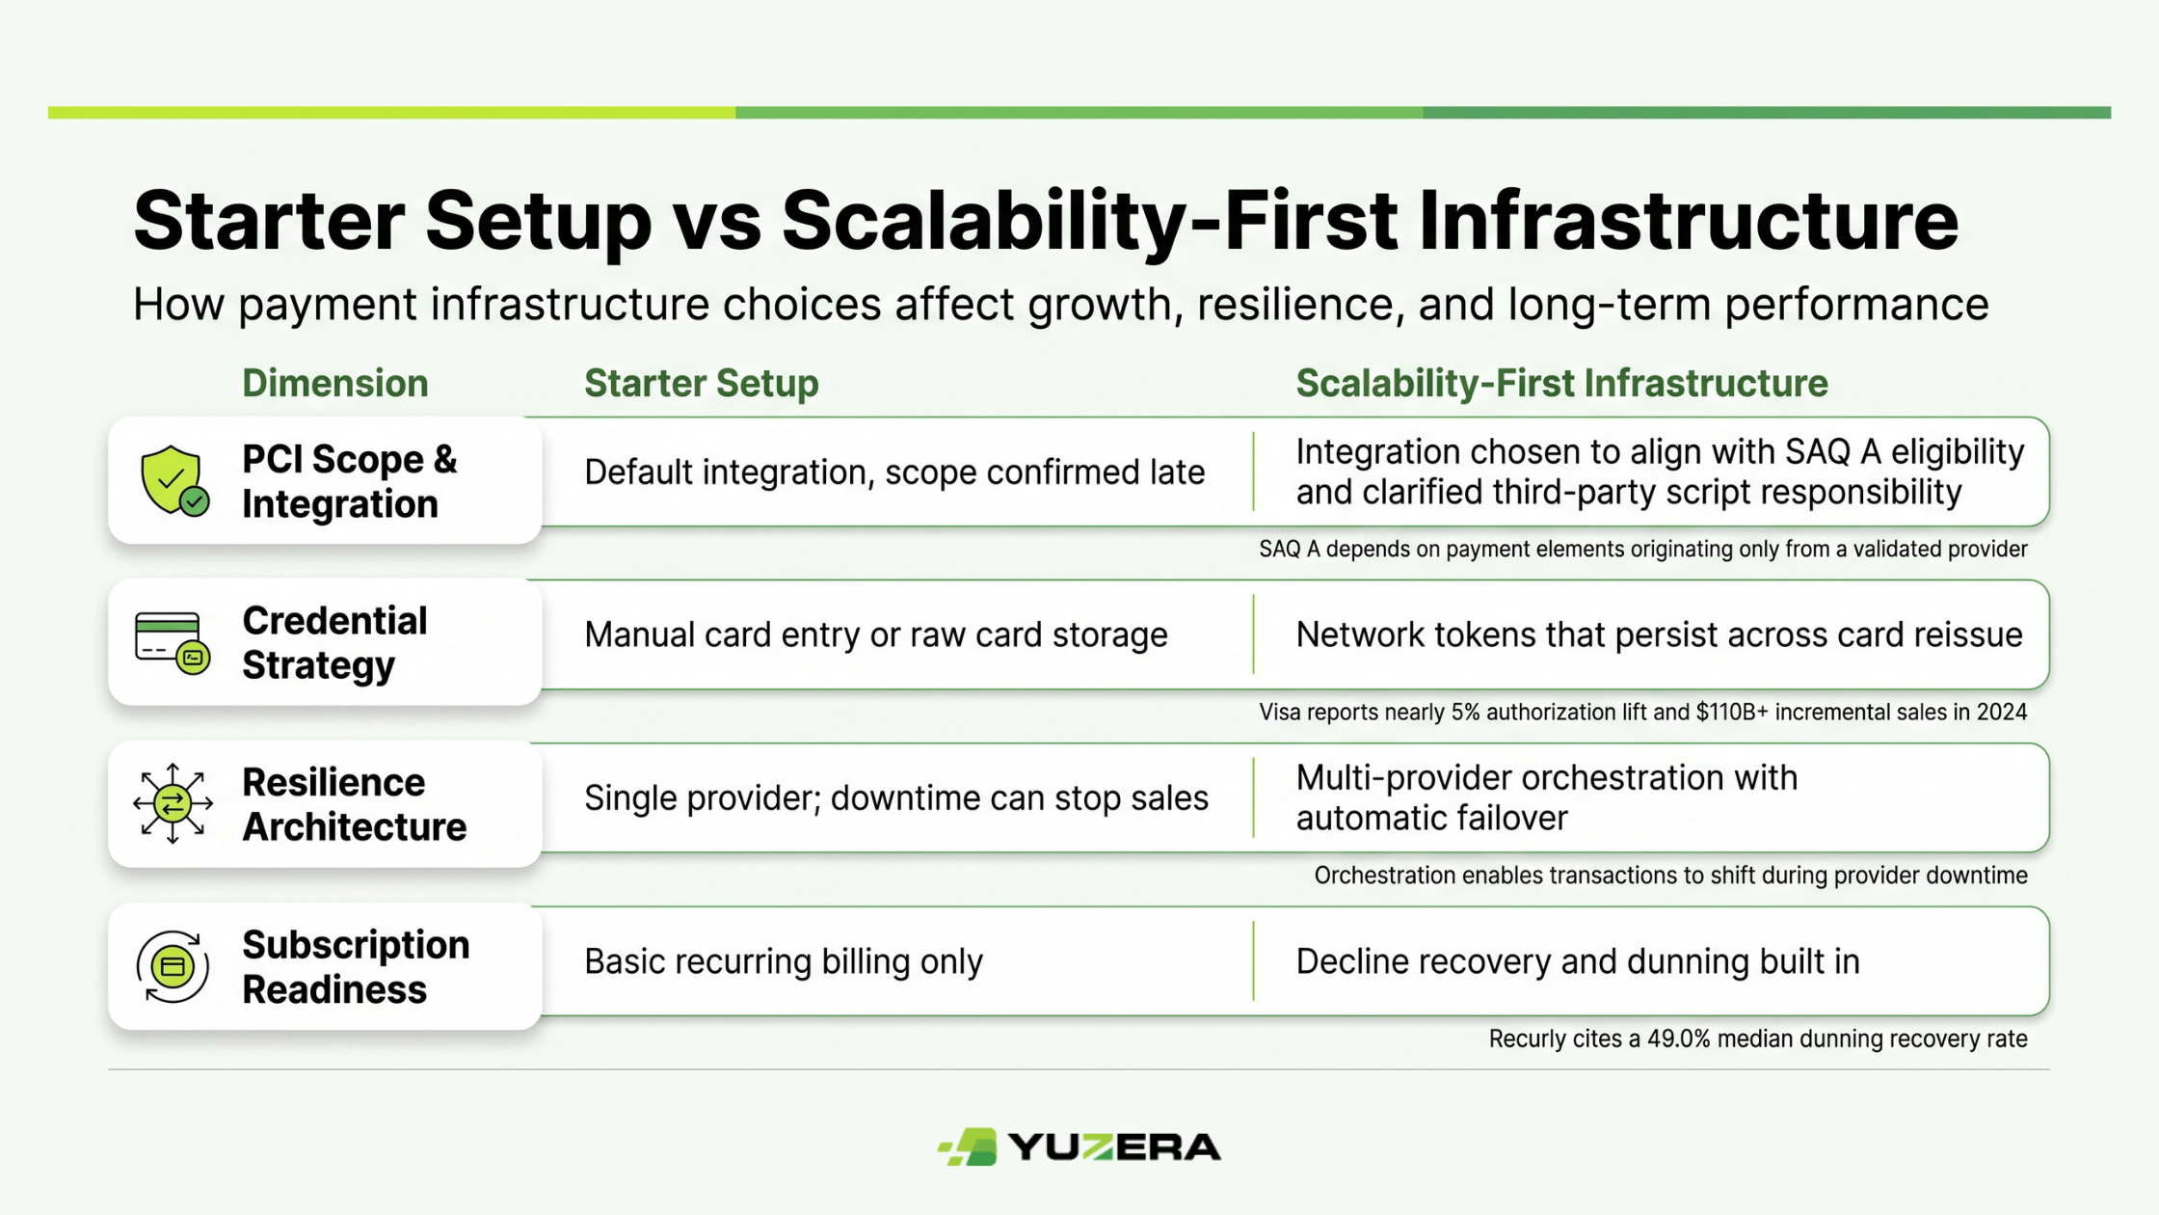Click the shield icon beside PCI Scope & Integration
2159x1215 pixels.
click(x=174, y=480)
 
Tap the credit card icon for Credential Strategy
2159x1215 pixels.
click(x=173, y=642)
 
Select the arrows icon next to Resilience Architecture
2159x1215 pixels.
click(x=173, y=803)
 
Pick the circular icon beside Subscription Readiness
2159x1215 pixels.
click(x=173, y=966)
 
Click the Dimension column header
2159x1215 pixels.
click(x=334, y=384)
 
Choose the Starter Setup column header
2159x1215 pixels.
click(x=701, y=384)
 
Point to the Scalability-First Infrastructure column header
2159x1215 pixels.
click(x=1561, y=384)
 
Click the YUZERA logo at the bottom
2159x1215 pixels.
click(x=1079, y=1147)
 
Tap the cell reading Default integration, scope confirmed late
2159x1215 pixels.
click(x=894, y=472)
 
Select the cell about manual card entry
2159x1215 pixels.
click(x=875, y=634)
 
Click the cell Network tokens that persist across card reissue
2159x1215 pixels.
click(x=1659, y=634)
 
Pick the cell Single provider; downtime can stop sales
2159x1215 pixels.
click(x=896, y=798)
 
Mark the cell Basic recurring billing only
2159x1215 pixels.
click(x=784, y=961)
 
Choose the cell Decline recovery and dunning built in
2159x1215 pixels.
click(x=1578, y=961)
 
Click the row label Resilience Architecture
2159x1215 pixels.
click(x=354, y=804)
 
